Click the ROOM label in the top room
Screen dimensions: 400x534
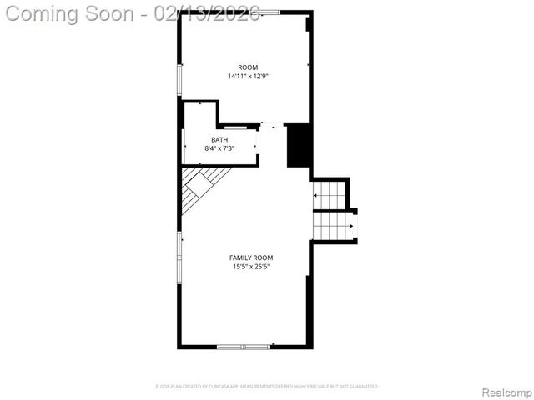coord(248,67)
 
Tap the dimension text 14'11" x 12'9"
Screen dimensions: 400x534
coord(248,77)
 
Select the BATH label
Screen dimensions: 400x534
coord(219,140)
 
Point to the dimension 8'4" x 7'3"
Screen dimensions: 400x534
coord(219,148)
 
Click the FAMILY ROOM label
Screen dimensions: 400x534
coord(251,257)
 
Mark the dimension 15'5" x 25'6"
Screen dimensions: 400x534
coord(251,267)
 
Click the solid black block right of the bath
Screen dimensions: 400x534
coord(298,146)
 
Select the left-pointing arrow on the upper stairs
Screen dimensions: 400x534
coord(317,194)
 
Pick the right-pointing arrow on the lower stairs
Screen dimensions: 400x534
coord(351,225)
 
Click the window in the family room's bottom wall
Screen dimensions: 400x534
coord(243,346)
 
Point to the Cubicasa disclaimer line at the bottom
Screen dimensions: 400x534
coord(267,387)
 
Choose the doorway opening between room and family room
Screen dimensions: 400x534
coord(272,126)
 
